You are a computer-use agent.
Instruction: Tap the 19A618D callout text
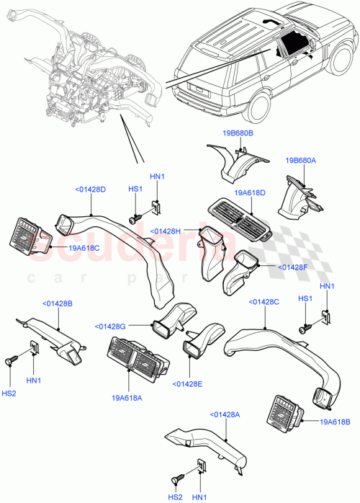click(x=250, y=193)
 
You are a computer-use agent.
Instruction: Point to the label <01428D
click(x=90, y=190)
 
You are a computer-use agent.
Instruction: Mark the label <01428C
click(x=264, y=302)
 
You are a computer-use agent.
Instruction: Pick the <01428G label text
click(x=110, y=326)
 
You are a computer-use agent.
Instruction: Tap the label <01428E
click(x=187, y=383)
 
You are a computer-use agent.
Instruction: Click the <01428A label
click(x=225, y=414)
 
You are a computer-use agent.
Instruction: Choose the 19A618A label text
click(x=127, y=396)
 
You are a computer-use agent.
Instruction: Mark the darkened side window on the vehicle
click(x=291, y=44)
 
